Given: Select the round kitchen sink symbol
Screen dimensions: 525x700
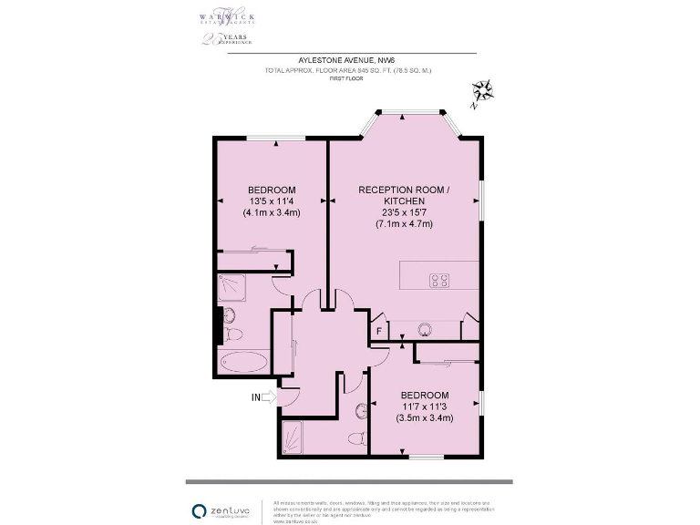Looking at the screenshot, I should point(424,329).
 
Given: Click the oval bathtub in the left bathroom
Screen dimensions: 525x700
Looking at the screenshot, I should point(242,361).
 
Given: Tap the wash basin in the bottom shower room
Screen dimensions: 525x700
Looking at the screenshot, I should point(361,409).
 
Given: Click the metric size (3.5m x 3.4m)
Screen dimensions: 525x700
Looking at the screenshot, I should point(425,418).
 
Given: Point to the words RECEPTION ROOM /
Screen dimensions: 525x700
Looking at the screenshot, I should point(404,189).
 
